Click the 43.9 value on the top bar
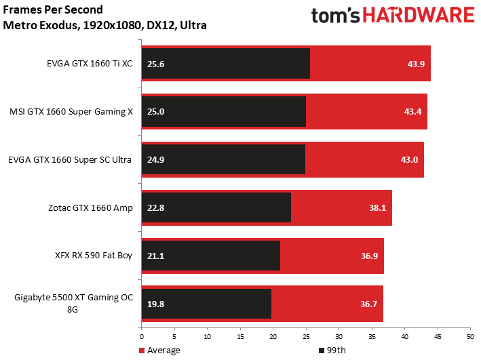click(x=416, y=64)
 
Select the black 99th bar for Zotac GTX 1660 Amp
click(x=216, y=207)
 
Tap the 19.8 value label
click(x=155, y=304)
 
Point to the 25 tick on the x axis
click(x=306, y=336)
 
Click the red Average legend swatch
click(x=142, y=351)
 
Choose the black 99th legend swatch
click(x=322, y=351)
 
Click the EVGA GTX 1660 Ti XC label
click(x=90, y=64)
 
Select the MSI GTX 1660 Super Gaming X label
click(x=71, y=112)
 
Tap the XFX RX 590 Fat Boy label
click(x=94, y=256)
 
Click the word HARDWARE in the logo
click(x=419, y=16)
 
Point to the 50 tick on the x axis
click(x=470, y=336)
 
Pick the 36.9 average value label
click(x=369, y=256)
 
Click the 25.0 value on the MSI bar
click(x=155, y=112)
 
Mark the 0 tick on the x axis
click(x=141, y=336)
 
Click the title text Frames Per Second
click(x=53, y=9)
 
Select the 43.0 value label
click(x=409, y=160)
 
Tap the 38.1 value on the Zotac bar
click(x=377, y=207)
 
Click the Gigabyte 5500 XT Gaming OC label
click(x=74, y=298)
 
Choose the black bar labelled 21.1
click(x=211, y=256)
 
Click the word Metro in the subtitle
click(x=18, y=25)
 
